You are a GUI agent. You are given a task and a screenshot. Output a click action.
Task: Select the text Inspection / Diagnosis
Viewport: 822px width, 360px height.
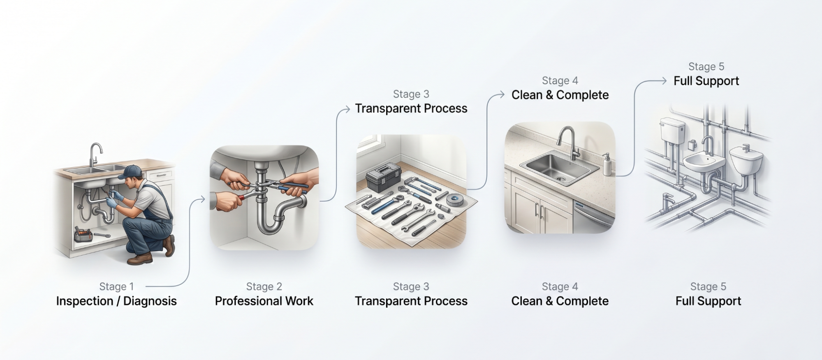click(x=116, y=301)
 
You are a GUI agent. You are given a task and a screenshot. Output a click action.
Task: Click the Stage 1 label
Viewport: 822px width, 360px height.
click(x=116, y=286)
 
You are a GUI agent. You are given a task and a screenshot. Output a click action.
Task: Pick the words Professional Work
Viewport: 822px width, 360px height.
click(x=264, y=301)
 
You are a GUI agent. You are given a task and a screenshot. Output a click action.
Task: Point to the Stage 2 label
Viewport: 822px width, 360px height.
click(x=264, y=286)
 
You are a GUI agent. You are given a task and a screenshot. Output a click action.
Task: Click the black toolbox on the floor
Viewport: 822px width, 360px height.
click(x=383, y=177)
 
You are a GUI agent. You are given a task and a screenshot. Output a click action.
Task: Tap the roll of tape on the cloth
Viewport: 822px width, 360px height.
click(x=455, y=200)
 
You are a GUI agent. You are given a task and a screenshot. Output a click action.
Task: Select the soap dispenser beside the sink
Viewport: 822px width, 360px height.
click(x=606, y=165)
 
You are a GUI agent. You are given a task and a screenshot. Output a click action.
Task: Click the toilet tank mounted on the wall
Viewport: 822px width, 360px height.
click(x=671, y=130)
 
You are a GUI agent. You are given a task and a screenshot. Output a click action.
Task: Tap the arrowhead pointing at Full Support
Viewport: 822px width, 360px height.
click(x=664, y=81)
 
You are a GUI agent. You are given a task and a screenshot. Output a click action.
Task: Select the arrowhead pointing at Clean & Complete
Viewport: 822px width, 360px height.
click(x=502, y=95)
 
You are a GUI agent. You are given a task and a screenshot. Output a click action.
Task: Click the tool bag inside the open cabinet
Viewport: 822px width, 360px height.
click(x=83, y=235)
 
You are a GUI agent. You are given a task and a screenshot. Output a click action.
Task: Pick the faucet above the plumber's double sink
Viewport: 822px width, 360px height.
click(x=96, y=154)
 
